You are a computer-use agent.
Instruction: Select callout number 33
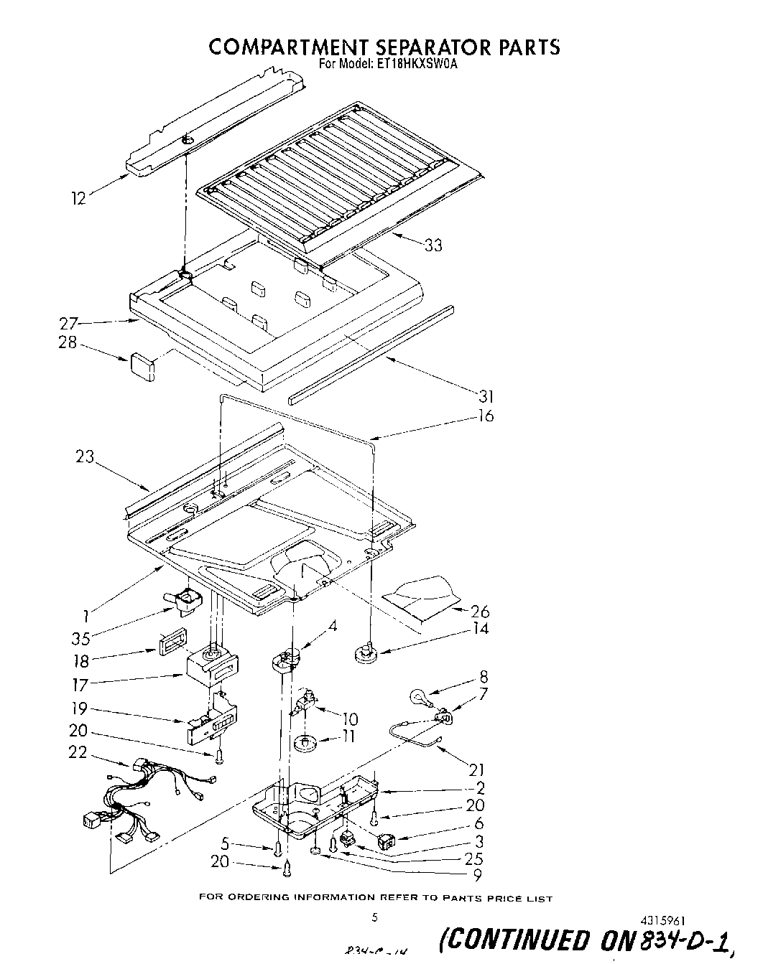coord(433,245)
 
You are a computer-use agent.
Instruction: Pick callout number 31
coord(485,396)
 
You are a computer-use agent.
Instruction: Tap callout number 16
coord(486,416)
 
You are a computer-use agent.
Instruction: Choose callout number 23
coord(85,456)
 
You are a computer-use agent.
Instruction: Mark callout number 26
coord(479,612)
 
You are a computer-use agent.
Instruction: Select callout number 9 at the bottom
coord(477,874)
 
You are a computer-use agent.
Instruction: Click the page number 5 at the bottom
coord(374,917)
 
